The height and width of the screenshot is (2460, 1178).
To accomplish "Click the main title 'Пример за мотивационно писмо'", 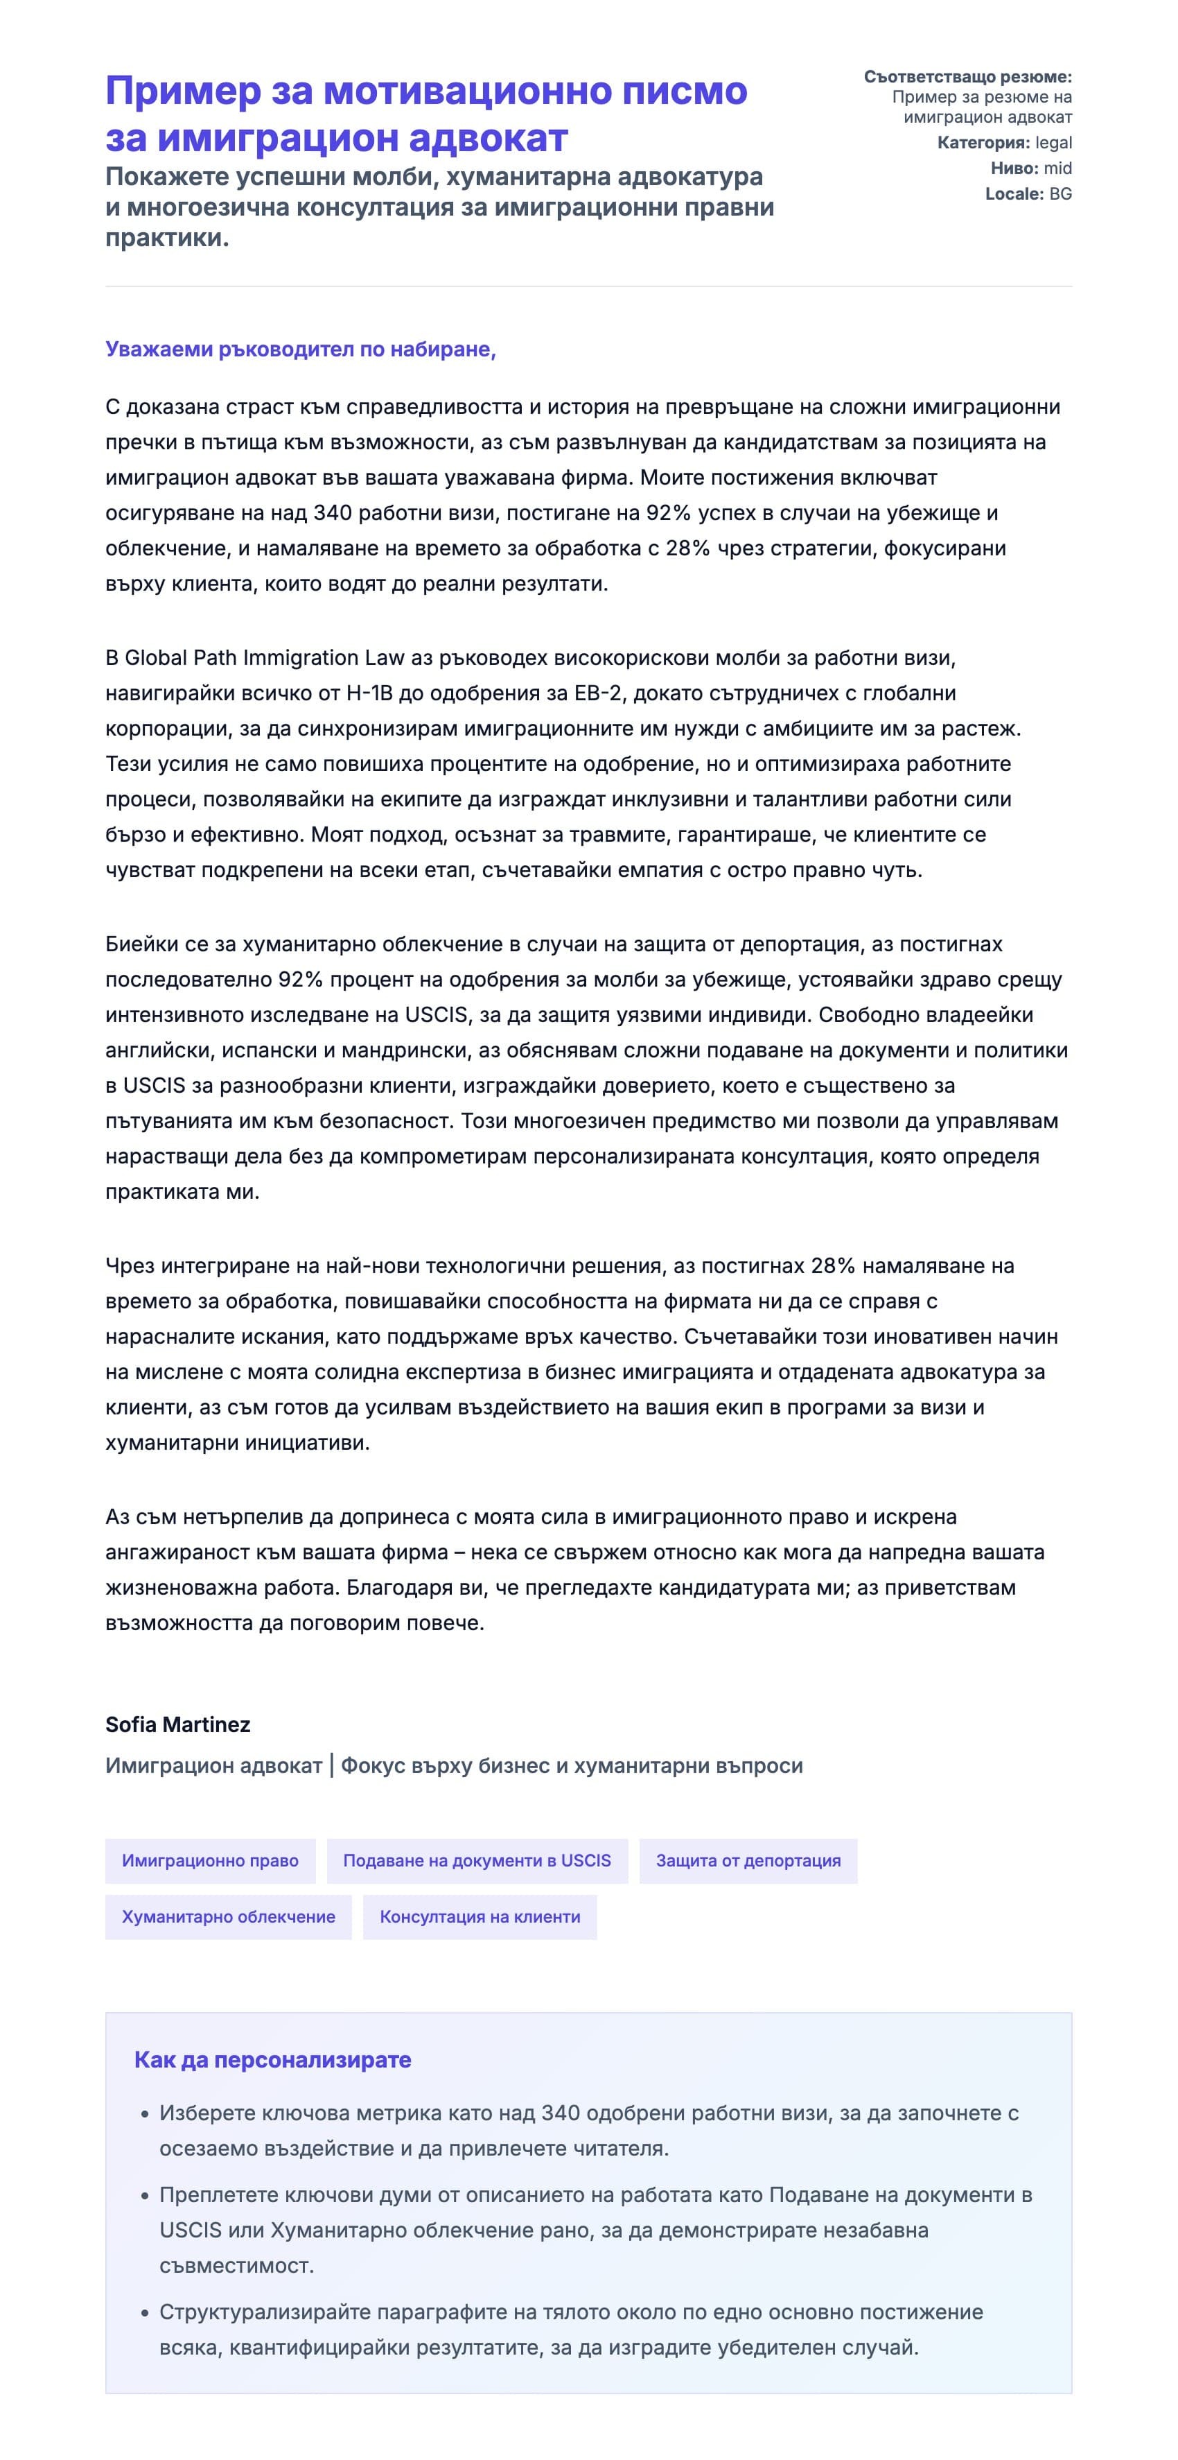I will point(425,92).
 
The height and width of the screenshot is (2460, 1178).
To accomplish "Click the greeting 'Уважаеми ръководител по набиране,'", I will point(301,349).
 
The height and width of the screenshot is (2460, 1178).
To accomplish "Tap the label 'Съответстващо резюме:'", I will point(967,76).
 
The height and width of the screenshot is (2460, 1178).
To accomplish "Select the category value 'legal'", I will point(1053,144).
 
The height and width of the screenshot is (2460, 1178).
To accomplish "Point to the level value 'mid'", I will point(1057,168).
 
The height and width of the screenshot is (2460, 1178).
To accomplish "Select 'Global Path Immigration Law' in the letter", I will point(265,658).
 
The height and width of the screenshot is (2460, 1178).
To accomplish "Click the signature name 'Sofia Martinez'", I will point(177,1724).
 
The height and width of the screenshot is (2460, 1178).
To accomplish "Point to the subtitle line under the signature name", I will point(453,1766).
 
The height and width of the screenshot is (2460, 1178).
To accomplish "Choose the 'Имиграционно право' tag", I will point(210,1860).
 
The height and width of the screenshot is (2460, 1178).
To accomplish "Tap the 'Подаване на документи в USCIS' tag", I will point(476,1860).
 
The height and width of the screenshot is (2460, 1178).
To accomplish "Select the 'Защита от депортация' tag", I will point(748,1860).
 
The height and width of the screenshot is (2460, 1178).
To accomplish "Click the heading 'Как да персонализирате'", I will point(272,2060).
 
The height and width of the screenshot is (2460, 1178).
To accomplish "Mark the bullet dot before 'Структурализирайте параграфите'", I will point(145,2314).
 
